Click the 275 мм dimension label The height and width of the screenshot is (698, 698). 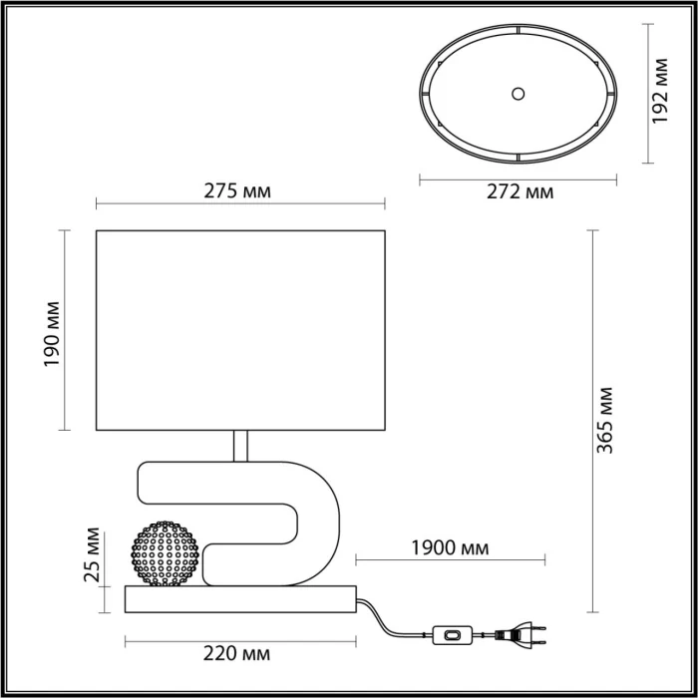click(x=238, y=190)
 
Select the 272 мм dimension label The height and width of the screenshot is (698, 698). click(x=519, y=192)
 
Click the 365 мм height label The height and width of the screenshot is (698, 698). click(x=606, y=419)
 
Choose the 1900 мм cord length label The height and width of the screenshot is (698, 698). click(x=449, y=546)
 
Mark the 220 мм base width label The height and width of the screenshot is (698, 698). click(x=238, y=654)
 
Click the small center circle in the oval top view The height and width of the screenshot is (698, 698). click(x=518, y=94)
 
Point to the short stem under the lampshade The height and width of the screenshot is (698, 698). click(x=240, y=446)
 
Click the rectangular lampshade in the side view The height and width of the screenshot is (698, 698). click(x=239, y=329)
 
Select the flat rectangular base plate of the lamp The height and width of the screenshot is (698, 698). click(x=239, y=599)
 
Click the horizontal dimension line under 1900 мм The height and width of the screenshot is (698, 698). click(x=449, y=558)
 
